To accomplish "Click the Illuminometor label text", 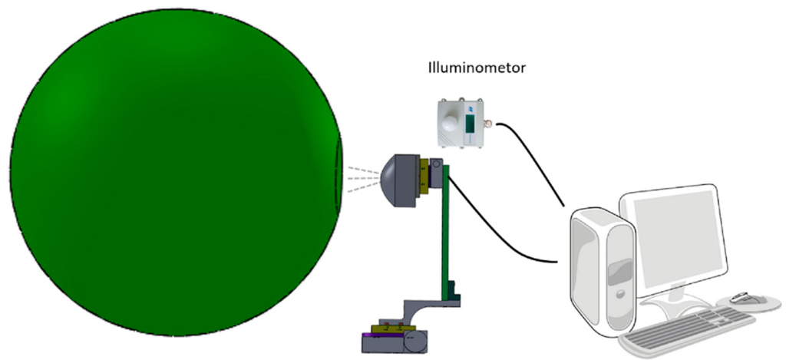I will point(476,68).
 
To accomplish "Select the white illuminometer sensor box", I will point(457,122).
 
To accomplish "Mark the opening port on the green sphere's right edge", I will point(339,178).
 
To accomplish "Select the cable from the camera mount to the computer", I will point(499,238).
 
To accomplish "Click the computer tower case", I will point(603,269).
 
